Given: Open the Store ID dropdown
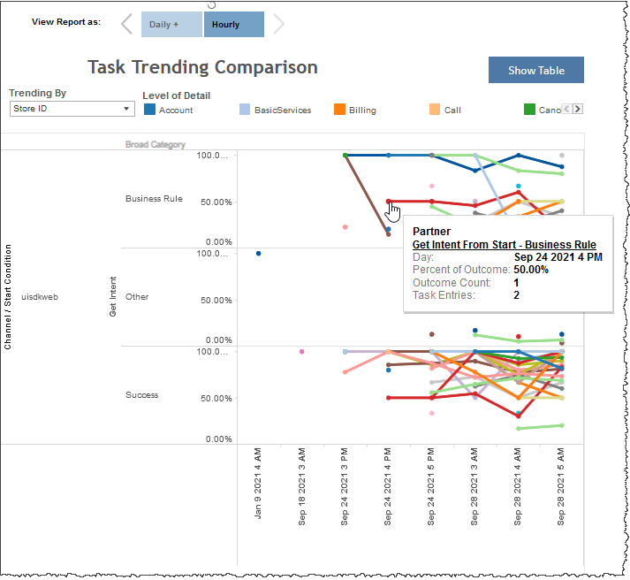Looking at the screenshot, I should coord(72,109).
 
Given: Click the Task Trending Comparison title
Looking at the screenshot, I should coord(202,67).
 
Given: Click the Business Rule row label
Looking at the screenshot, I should coord(154,199).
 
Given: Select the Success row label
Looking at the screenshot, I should coord(141,395).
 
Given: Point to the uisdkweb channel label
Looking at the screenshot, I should coord(39,297).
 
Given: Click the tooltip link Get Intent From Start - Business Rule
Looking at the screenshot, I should coord(504,245).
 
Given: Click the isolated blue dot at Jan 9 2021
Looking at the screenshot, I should coord(258,254).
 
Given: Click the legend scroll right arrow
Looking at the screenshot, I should coord(578,110).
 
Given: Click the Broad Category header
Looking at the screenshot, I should coord(156,144).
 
